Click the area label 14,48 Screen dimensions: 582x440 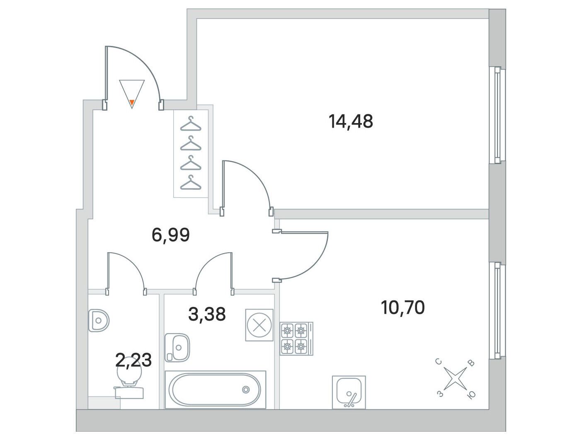[351, 121]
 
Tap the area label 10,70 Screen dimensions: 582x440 [403, 307]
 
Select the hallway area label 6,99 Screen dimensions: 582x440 [170, 235]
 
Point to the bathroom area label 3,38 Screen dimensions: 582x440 [207, 314]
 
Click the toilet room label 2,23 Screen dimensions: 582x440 [133, 360]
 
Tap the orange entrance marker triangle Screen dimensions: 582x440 [132, 102]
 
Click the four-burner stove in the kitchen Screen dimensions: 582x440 [296, 338]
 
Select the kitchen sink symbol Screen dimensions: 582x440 [349, 392]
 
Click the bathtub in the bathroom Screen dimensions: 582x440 [215, 389]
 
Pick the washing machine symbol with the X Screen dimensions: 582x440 [259, 325]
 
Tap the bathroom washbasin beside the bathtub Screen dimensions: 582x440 [177, 348]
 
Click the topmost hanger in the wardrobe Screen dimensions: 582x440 [191, 124]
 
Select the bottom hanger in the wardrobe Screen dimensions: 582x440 [191, 183]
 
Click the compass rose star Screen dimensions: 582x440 [455, 379]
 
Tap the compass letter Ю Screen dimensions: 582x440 [471, 396]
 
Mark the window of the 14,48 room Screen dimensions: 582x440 [497, 115]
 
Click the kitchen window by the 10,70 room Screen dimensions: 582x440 [497, 311]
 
